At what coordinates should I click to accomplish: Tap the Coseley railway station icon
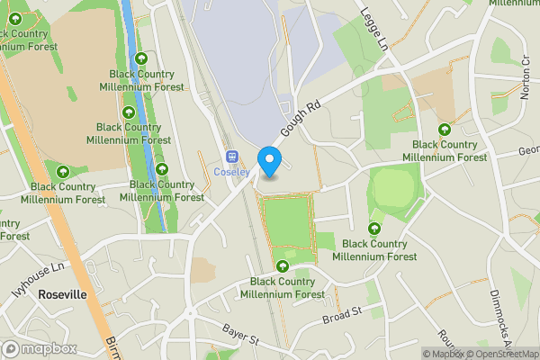pyautogui.click(x=231, y=156)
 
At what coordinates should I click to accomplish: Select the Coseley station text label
pyautogui.click(x=231, y=172)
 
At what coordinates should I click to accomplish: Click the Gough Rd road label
pyautogui.click(x=301, y=120)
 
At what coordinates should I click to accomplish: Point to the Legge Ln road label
pyautogui.click(x=376, y=29)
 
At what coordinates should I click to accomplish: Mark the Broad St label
pyautogui.click(x=341, y=315)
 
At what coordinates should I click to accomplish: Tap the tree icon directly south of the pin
pyautogui.click(x=284, y=265)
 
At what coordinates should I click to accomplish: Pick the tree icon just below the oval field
pyautogui.click(x=374, y=229)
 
